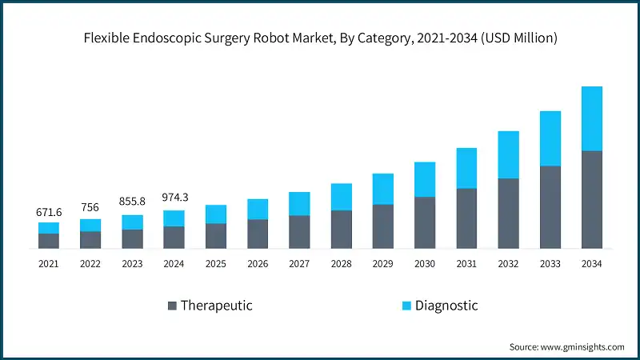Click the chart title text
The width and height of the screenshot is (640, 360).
(320, 38)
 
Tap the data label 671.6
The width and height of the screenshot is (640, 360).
(49, 212)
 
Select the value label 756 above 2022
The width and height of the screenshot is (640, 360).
(90, 208)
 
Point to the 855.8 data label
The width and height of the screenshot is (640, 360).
(132, 202)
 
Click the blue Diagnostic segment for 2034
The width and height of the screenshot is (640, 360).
(591, 118)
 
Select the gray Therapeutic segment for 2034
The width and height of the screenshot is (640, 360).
(591, 199)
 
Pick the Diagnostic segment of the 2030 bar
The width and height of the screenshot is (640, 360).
(425, 179)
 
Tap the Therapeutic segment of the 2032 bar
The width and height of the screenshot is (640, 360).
(508, 213)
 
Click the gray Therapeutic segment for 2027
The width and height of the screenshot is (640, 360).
(299, 231)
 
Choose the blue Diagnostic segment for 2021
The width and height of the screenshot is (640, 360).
(49, 228)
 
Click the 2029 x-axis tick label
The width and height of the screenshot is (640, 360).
(382, 263)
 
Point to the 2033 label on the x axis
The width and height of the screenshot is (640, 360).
(550, 263)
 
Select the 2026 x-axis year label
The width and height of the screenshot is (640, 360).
(258, 263)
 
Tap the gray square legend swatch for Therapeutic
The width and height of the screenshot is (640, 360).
(171, 306)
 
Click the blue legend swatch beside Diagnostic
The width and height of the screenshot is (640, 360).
(406, 306)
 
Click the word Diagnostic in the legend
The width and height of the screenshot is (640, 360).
(446, 305)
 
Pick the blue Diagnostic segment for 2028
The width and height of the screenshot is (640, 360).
(341, 197)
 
